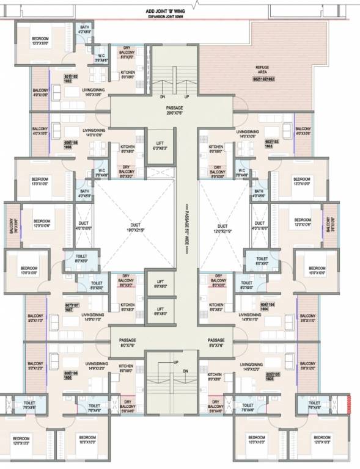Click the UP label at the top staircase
coord(186,96)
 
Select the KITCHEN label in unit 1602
coord(128,75)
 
